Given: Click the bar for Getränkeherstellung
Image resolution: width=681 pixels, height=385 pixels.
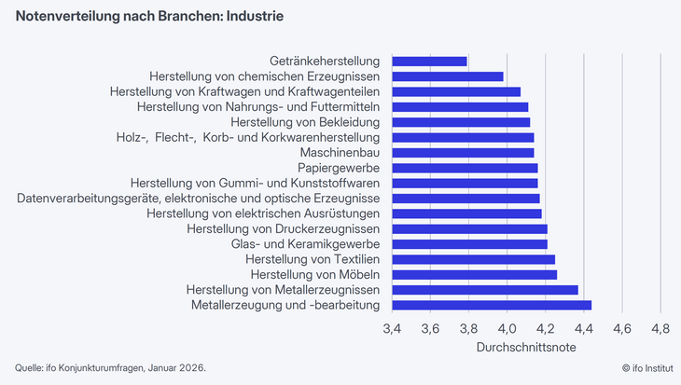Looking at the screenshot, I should click(429, 62).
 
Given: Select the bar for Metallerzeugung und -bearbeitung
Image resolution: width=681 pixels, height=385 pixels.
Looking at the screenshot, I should click(492, 305).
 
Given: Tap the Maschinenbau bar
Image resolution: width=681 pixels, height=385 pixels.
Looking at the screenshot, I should click(463, 152).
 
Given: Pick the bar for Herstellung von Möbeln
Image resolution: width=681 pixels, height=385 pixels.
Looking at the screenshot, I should click(474, 274).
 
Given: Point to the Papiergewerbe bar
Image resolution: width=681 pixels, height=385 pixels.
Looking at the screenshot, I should click(465, 168).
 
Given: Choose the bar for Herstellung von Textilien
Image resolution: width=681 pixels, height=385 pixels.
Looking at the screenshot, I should click(473, 259).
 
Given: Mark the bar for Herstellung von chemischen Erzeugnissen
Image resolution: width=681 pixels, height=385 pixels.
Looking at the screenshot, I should click(448, 76).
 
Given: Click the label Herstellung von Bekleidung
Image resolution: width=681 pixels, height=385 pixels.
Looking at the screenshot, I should click(305, 122).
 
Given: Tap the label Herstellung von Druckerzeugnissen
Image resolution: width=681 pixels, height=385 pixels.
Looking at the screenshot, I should click(283, 228).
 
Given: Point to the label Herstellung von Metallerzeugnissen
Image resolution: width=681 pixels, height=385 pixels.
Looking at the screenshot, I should click(283, 290).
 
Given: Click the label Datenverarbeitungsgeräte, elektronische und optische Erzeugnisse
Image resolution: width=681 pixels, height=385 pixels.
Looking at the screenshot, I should click(198, 199).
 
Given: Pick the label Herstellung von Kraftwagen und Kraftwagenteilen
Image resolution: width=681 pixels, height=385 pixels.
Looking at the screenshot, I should click(244, 91).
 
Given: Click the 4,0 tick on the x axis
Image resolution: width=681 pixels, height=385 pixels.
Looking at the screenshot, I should click(507, 329).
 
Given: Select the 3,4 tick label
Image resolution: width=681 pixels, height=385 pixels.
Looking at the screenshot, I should click(392, 329).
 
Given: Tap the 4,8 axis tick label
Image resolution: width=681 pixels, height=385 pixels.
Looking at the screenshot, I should click(660, 329).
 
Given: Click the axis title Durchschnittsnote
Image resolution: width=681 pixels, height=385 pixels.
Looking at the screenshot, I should click(526, 347).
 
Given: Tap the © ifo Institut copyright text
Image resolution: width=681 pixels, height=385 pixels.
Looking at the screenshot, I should click(634, 367).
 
